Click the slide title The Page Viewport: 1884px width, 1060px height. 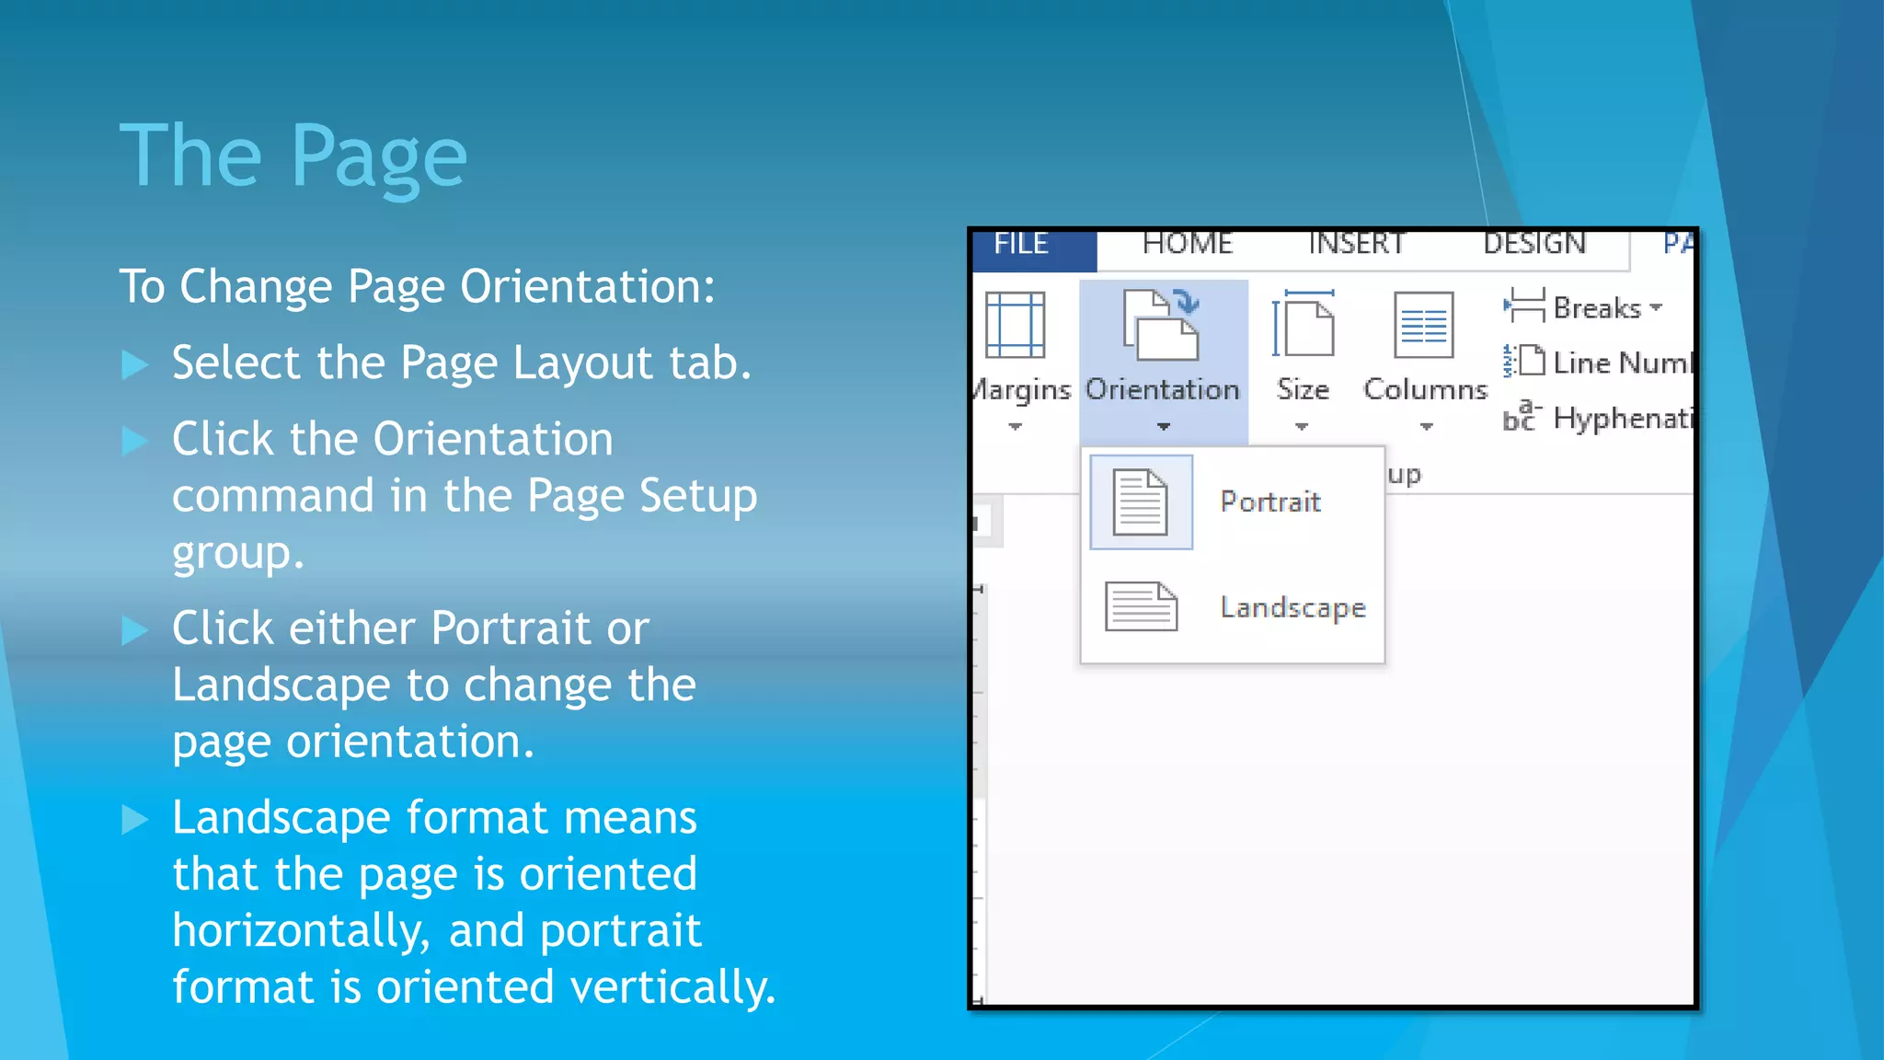[293, 156]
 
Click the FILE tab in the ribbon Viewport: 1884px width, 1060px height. [1021, 244]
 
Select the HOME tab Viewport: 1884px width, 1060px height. [1187, 244]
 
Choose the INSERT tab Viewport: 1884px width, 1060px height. [1357, 244]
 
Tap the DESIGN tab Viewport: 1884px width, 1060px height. [1534, 244]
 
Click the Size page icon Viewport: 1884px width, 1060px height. [1303, 325]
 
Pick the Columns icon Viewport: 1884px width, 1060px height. [1423, 325]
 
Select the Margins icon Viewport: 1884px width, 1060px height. [1015, 325]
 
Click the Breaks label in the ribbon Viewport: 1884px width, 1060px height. [1596, 308]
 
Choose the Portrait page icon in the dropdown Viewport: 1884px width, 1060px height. [1140, 502]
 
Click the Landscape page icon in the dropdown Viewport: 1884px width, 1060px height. [1141, 607]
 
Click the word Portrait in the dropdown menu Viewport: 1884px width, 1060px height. [1270, 502]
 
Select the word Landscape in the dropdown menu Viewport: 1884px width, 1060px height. [1292, 607]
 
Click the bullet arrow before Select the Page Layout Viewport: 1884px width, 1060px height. [135, 364]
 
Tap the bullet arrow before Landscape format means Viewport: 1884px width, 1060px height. [135, 819]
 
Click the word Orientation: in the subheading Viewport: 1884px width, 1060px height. [587, 286]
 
